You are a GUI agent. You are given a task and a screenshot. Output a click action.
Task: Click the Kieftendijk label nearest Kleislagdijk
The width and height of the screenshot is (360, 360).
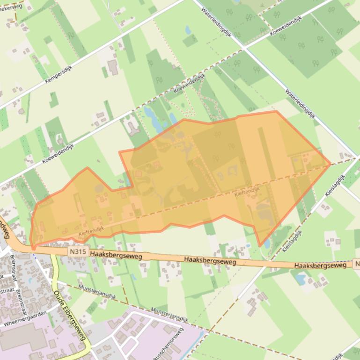247,191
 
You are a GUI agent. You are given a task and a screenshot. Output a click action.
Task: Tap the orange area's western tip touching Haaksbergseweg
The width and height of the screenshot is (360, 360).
32,247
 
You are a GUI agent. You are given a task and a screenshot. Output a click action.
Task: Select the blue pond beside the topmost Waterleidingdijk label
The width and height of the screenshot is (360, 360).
188,30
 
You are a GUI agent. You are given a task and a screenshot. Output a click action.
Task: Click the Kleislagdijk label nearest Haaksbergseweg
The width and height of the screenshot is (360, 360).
292,239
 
